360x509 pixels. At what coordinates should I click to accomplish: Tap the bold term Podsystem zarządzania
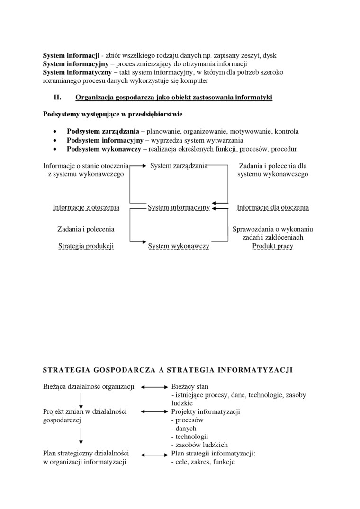coord(103,131)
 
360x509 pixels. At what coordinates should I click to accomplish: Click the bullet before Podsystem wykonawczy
coord(56,149)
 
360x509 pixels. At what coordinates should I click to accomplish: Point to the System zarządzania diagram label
coord(179,166)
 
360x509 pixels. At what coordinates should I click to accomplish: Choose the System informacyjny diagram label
coord(179,207)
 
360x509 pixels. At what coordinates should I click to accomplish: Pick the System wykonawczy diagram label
coord(179,246)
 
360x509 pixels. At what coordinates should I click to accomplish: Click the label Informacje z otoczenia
coord(86,207)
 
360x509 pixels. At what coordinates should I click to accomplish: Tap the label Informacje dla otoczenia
coord(273,207)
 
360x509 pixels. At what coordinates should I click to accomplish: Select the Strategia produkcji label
coord(86,246)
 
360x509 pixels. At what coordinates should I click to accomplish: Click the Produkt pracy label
coord(273,246)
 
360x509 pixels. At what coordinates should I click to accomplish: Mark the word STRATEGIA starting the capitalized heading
coord(68,370)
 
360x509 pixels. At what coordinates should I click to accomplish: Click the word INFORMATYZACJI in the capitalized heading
coord(258,370)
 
